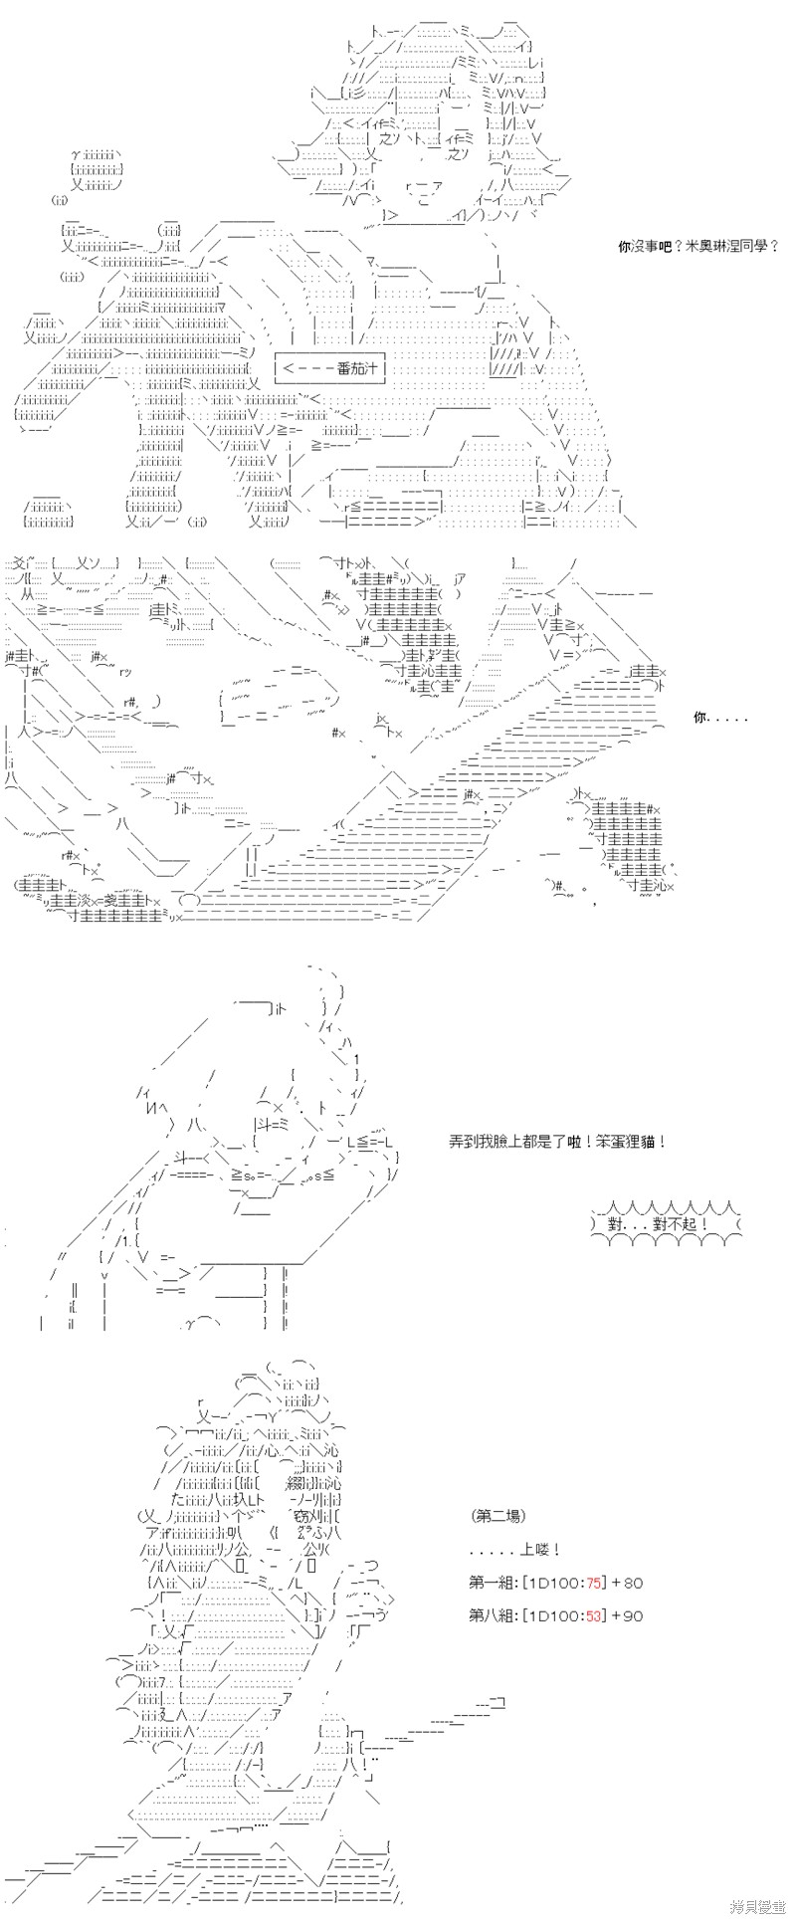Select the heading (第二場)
[x=498, y=1516]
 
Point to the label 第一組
[x=490, y=1583]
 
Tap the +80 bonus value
[x=628, y=1583]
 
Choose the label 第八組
[x=490, y=1615]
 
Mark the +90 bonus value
[x=628, y=1615]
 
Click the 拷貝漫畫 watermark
[x=758, y=1907]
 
